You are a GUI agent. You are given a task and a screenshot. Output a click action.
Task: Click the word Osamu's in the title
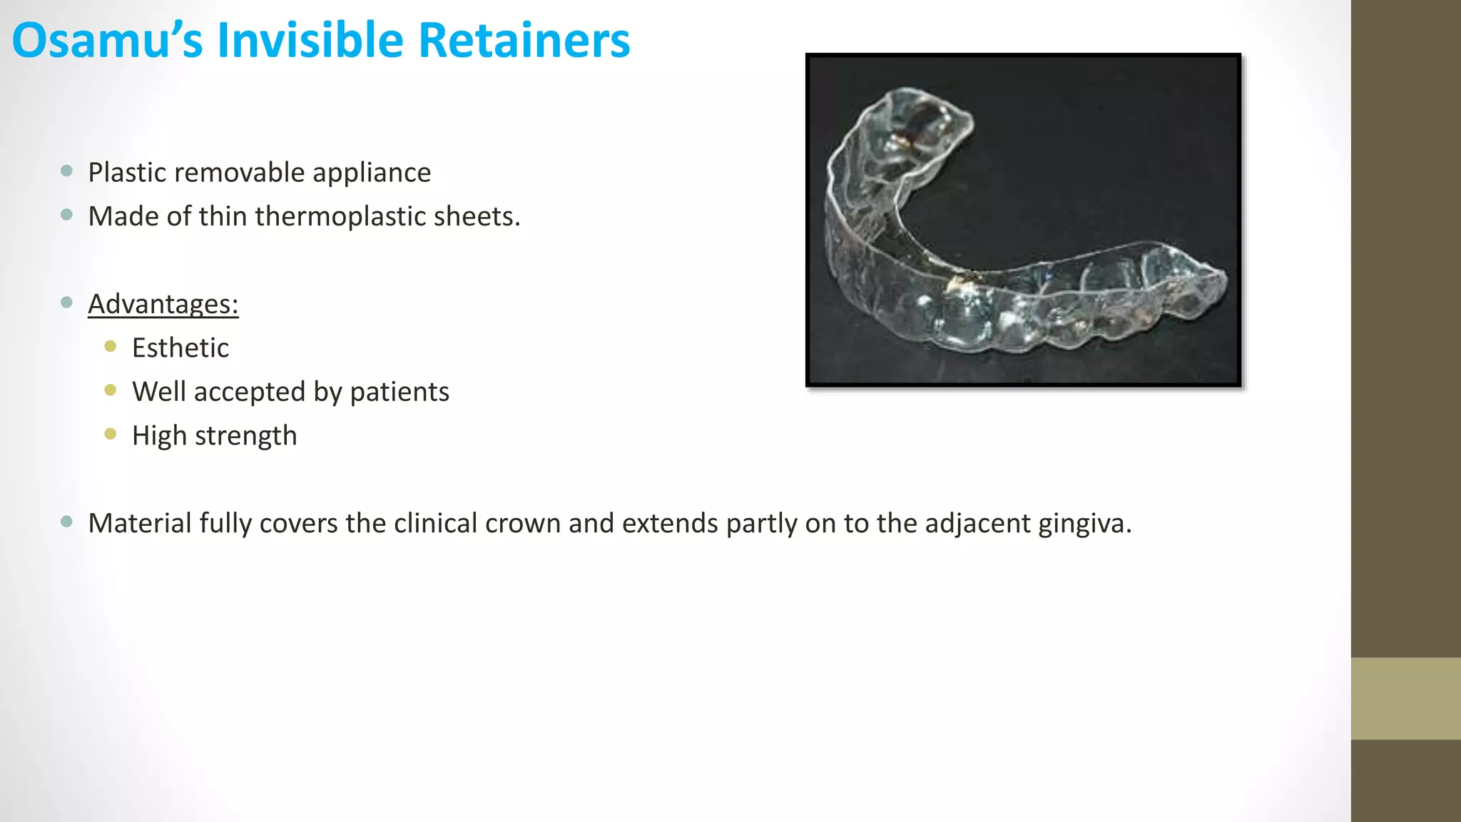click(x=107, y=41)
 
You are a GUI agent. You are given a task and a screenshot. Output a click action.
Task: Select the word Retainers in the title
click(x=524, y=41)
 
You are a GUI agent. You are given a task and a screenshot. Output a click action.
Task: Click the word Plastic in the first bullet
click(x=127, y=173)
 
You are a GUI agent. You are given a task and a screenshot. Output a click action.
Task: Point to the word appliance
click(x=371, y=173)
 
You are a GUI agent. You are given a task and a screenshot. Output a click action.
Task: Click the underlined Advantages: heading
click(x=163, y=305)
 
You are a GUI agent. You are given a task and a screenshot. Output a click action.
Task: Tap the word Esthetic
click(x=180, y=348)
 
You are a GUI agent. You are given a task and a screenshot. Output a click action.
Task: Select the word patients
click(x=399, y=392)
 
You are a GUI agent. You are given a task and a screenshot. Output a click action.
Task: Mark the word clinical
click(x=436, y=524)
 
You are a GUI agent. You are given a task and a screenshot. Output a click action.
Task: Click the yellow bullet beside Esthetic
click(x=111, y=347)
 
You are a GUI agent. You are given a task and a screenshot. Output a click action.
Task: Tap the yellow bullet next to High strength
click(x=111, y=434)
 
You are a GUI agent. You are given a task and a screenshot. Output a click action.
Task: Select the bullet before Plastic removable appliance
click(x=67, y=171)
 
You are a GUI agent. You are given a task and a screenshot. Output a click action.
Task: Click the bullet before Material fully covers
click(x=67, y=522)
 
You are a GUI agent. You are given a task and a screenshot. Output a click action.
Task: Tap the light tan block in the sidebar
click(x=1405, y=698)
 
